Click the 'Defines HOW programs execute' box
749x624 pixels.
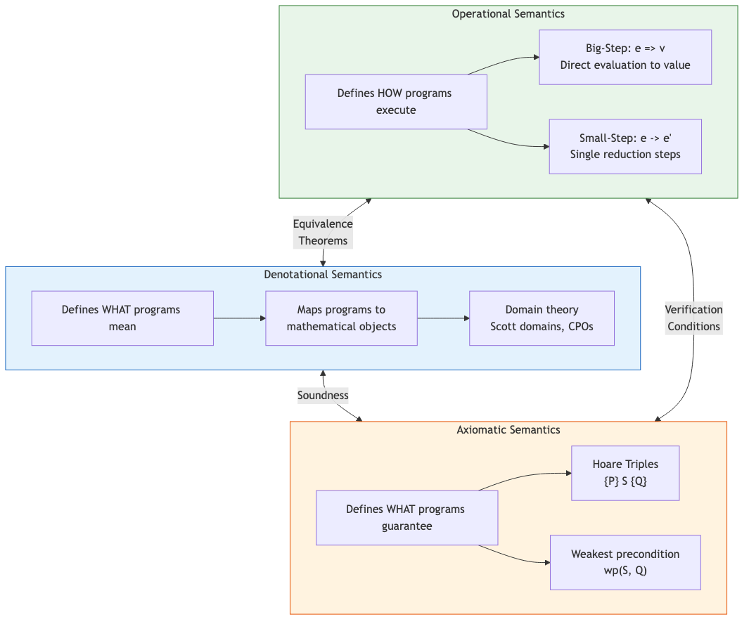point(396,102)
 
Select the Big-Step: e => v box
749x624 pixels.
point(625,57)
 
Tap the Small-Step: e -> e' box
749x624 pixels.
point(625,146)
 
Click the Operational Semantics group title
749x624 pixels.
point(508,13)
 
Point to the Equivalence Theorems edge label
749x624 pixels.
point(323,232)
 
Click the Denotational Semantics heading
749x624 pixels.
point(323,274)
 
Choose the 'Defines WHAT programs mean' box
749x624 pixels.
point(122,318)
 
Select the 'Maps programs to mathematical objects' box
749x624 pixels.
point(341,318)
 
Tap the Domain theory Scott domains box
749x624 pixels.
point(542,318)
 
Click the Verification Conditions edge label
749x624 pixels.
point(693,318)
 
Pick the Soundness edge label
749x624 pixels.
point(323,395)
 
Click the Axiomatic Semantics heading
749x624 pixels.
point(508,429)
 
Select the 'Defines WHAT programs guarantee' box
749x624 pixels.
point(406,518)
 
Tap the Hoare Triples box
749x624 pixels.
point(625,473)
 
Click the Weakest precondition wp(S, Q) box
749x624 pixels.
point(625,563)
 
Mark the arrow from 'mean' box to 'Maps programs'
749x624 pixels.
point(239,318)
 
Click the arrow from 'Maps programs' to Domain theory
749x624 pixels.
point(443,318)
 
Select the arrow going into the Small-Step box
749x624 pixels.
point(520,144)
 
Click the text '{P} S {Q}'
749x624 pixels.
point(625,482)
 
